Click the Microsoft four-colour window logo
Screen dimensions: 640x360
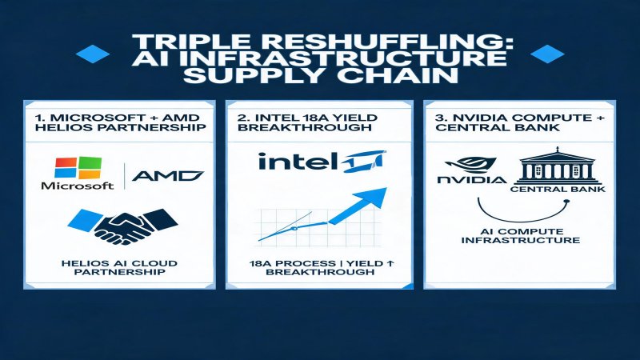(78, 168)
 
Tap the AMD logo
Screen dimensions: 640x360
(168, 176)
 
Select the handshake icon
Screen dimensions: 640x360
(122, 226)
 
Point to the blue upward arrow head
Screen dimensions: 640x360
(371, 199)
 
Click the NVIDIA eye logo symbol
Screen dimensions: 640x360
(470, 166)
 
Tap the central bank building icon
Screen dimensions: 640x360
(556, 166)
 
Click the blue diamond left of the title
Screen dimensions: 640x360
(93, 54)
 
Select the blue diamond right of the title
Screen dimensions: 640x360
(547, 54)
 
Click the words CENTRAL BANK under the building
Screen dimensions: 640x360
(558, 190)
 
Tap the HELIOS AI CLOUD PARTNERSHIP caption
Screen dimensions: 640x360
(119, 267)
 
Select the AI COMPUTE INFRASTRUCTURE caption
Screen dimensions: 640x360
(521, 235)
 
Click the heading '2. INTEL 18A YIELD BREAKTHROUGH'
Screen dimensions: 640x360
(307, 122)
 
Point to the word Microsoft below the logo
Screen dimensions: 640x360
(78, 186)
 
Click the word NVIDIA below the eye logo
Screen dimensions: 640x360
(472, 179)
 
